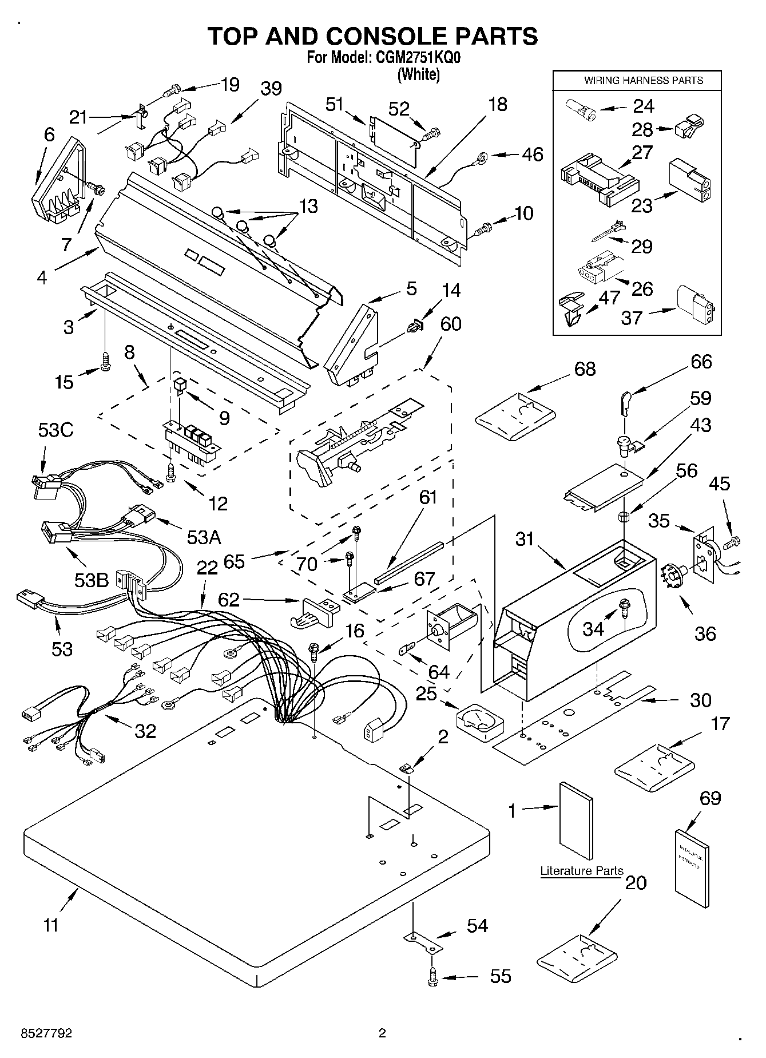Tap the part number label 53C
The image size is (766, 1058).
[x=56, y=430]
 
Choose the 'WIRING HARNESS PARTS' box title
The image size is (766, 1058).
[x=643, y=81]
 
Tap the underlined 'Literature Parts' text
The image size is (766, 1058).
[x=582, y=871]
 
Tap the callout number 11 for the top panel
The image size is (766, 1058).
[x=51, y=925]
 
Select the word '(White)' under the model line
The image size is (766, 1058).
[x=419, y=74]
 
